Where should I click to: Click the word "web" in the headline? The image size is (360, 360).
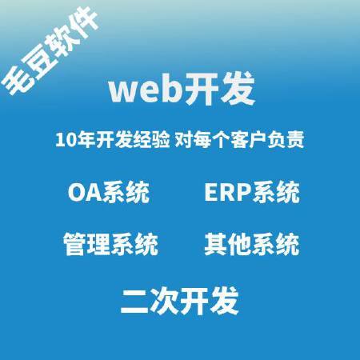coord(138,90)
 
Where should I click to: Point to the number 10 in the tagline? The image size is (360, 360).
coord(66,140)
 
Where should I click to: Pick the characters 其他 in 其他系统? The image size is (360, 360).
coord(228,244)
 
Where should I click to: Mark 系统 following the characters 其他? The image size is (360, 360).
coord(275,244)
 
